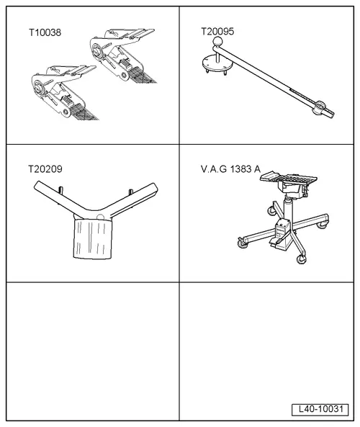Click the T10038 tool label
(45, 32)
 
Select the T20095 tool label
(217, 31)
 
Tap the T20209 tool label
(45, 169)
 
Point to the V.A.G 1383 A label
(230, 169)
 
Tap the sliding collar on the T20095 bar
(320, 108)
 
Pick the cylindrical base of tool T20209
(93, 238)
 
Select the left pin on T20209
(61, 189)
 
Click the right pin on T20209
(130, 192)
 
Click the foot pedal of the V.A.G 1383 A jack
(276, 241)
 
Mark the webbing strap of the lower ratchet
(84, 112)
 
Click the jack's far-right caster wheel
(324, 225)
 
